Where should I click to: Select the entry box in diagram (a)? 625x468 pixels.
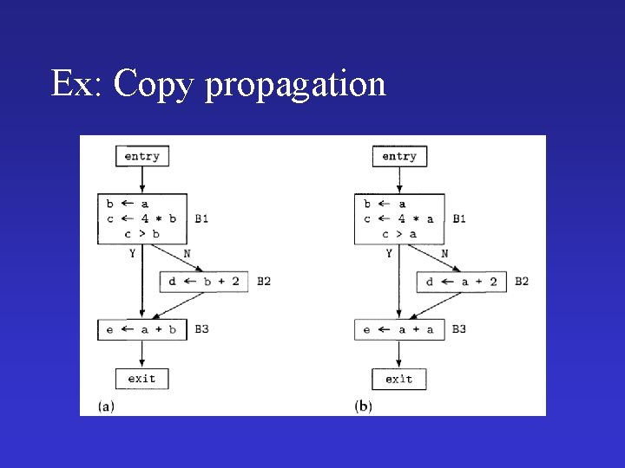(141, 156)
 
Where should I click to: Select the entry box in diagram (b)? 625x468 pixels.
(399, 156)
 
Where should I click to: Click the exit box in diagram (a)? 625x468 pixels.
(141, 379)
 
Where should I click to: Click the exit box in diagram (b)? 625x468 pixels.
(399, 379)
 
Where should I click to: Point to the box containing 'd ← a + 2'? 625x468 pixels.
(461, 281)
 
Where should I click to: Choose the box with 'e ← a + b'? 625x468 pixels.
(141, 329)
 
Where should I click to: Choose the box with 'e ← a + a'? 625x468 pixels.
(399, 329)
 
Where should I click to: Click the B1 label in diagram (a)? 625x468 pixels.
(201, 218)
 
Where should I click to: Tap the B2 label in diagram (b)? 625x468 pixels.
(522, 281)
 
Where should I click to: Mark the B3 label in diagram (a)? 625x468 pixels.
(201, 329)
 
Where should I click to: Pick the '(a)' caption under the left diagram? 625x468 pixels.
(106, 406)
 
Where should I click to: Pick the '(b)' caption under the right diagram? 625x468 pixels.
(364, 406)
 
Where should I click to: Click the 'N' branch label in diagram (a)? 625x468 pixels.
(187, 253)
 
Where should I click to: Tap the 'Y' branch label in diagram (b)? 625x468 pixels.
(389, 253)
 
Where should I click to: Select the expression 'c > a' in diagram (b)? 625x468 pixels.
(399, 233)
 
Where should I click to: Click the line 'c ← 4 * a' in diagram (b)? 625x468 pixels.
(398, 218)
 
